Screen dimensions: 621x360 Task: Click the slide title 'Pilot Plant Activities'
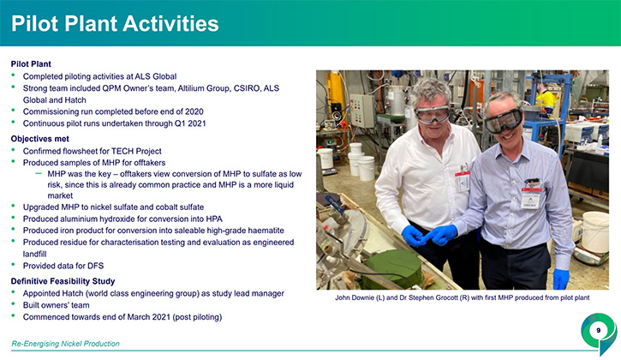click(115, 23)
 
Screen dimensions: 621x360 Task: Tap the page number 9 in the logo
click(599, 330)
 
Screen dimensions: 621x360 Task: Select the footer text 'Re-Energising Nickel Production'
click(65, 344)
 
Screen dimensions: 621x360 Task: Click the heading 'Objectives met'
click(40, 139)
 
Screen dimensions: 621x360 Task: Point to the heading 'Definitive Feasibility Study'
click(63, 281)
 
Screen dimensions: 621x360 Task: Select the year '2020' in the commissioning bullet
click(194, 111)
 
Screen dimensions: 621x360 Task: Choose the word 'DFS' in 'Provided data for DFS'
click(95, 266)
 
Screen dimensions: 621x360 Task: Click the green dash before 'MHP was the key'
click(39, 173)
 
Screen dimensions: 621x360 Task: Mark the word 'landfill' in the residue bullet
click(34, 254)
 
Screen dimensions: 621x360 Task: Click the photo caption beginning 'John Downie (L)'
click(463, 297)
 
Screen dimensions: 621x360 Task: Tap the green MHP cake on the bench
click(394, 269)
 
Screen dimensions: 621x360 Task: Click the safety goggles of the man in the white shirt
click(432, 115)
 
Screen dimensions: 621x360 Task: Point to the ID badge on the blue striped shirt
click(531, 195)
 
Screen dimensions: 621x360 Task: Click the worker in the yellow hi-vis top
click(546, 99)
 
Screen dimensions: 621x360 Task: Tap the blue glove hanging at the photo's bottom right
click(560, 279)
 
